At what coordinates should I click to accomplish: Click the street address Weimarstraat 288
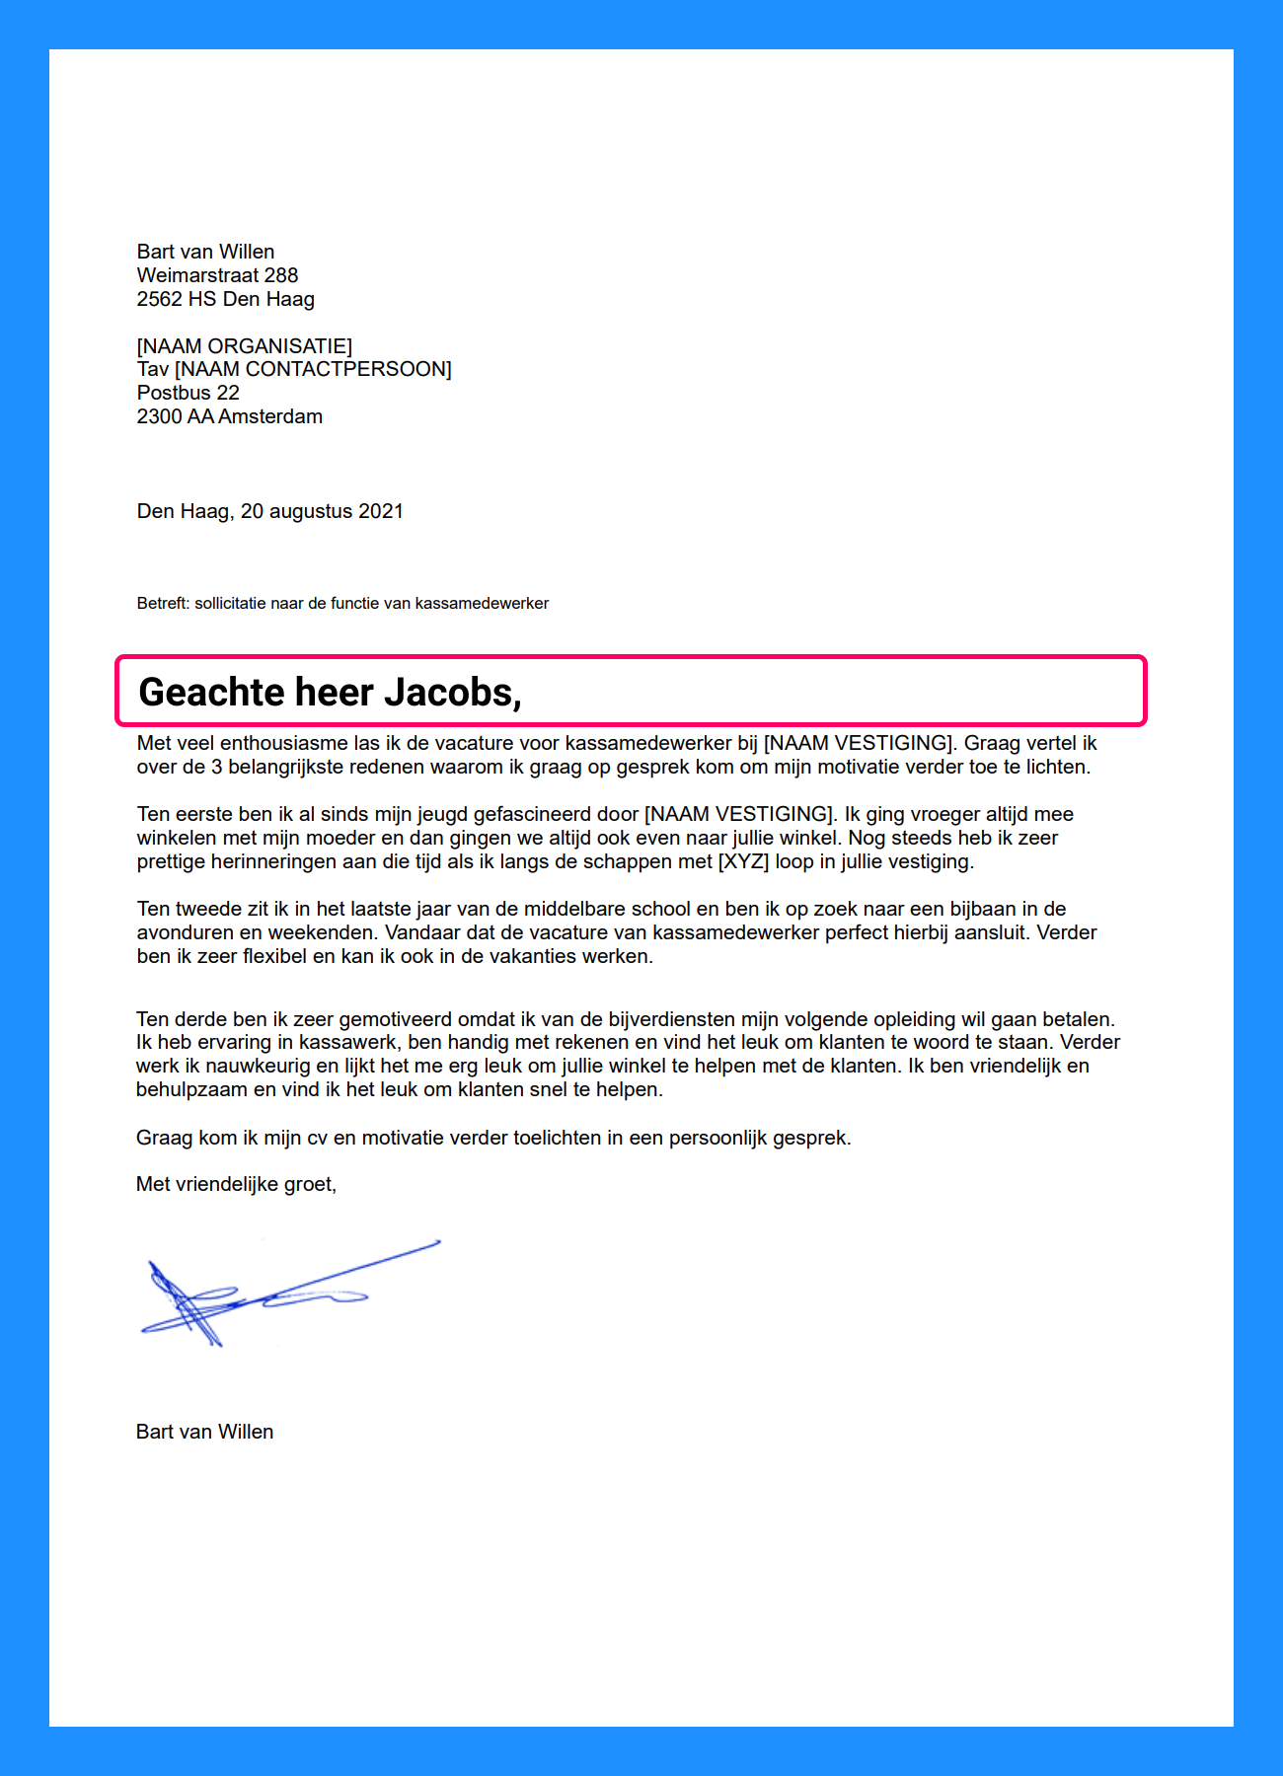(x=217, y=275)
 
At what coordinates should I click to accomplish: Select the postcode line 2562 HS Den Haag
(x=225, y=299)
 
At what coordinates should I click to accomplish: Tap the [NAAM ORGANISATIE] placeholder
(x=244, y=346)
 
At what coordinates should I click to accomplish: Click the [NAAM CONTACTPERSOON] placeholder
(x=313, y=369)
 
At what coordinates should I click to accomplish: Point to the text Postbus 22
(x=188, y=393)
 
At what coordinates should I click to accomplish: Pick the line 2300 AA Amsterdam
(x=229, y=416)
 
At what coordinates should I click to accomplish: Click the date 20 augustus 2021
(x=322, y=511)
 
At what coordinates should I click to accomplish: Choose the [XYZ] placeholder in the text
(x=743, y=861)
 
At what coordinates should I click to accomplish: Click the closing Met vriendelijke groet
(x=236, y=1184)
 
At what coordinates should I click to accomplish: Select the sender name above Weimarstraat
(x=205, y=252)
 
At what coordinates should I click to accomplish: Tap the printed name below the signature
(x=204, y=1432)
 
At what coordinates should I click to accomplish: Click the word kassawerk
(x=348, y=1042)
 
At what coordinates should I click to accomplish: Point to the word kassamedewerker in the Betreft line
(x=482, y=603)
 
